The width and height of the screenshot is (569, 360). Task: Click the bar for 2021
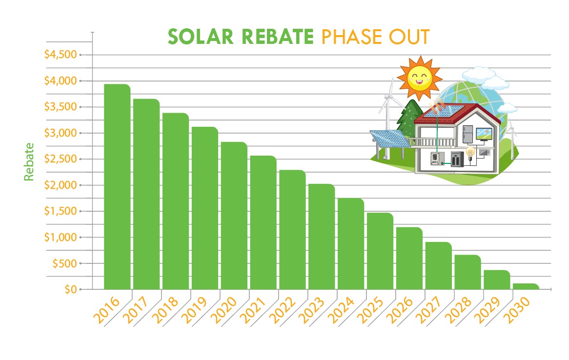(263, 222)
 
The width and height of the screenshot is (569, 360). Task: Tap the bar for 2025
(380, 251)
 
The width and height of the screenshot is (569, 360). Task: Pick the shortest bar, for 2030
(526, 286)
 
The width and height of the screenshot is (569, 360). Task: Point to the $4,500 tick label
(61, 55)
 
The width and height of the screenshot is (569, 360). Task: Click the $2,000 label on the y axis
(61, 185)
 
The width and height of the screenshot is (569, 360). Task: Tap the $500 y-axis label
(63, 263)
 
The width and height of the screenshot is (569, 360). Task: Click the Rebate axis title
(30, 161)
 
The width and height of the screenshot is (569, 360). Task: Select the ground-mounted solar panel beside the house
(389, 139)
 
